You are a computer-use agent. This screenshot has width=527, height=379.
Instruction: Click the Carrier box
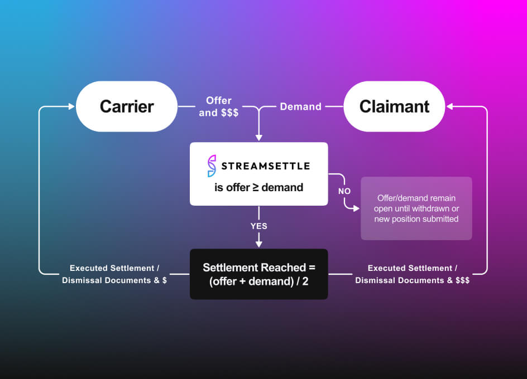(127, 106)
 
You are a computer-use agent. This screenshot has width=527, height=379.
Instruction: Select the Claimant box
(394, 106)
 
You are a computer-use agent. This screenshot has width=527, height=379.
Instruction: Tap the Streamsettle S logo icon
(212, 166)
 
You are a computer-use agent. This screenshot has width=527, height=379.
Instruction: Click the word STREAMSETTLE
(266, 166)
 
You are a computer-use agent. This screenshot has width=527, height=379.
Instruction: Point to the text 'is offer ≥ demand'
(258, 187)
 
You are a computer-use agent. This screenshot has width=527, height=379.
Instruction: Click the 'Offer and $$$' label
(218, 106)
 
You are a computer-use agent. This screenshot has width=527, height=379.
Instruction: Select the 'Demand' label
(300, 106)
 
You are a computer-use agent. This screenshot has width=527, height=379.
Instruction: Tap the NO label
(344, 191)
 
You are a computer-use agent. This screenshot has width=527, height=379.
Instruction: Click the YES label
(258, 226)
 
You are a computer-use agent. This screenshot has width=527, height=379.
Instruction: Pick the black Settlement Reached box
(258, 274)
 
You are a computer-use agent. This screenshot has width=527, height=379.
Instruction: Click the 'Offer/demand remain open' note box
(416, 208)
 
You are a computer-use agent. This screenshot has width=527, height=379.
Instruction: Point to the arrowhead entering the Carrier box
(71, 106)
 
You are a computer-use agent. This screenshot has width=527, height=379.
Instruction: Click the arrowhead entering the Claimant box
(450, 106)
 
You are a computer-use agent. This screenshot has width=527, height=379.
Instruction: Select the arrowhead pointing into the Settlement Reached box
(258, 244)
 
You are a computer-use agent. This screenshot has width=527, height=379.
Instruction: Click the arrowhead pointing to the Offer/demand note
(356, 208)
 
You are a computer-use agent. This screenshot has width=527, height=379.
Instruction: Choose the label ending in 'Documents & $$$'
(412, 274)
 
